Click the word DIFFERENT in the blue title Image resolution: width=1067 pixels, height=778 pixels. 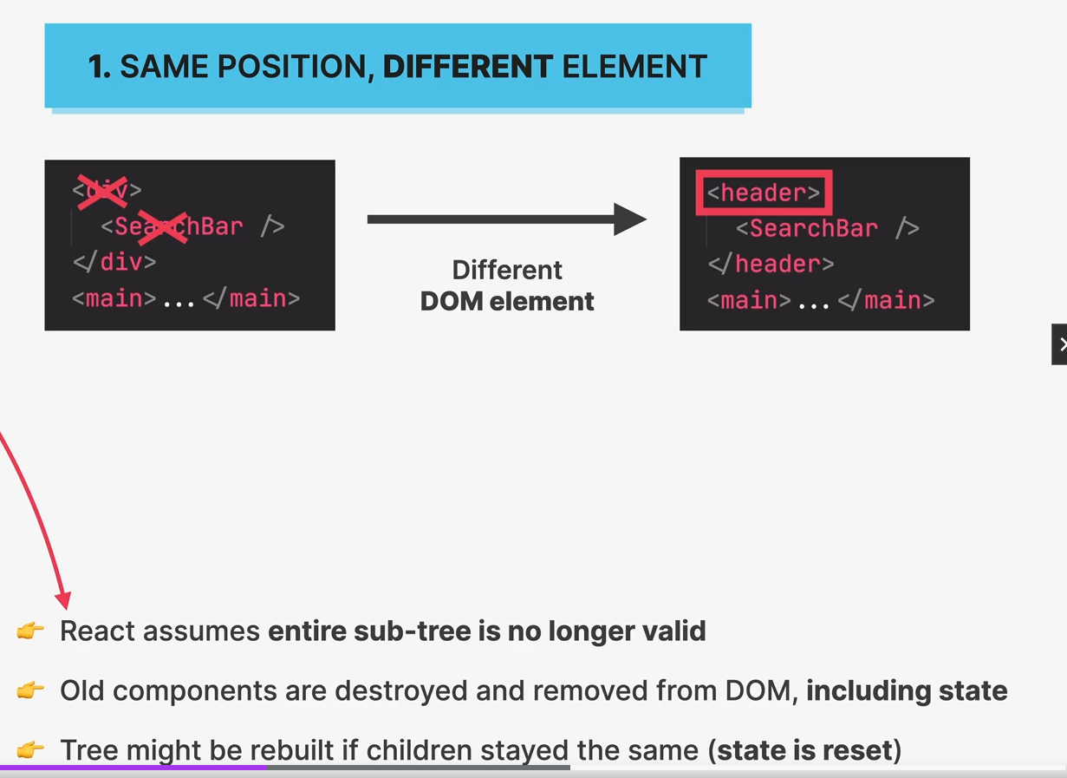(467, 67)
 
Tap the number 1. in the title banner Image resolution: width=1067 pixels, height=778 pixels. (99, 67)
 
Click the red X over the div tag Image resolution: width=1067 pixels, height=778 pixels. (102, 190)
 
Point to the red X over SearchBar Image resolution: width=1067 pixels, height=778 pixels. (162, 226)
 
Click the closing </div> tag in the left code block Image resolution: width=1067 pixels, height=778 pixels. (114, 261)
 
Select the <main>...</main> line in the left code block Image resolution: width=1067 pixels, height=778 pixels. (186, 298)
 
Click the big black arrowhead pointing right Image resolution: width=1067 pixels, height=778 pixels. (629, 219)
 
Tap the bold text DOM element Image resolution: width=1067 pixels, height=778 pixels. (507, 302)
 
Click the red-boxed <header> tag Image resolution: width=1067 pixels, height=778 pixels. (764, 193)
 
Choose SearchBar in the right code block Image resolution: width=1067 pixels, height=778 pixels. (813, 228)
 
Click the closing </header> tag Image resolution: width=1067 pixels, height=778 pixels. (771, 264)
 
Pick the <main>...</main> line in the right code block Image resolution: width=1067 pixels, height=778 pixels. (821, 300)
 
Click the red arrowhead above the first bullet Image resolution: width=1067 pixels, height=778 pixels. (62, 599)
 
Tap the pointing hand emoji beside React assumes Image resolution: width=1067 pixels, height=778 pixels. (30, 631)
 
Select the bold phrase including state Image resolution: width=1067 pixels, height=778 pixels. (907, 690)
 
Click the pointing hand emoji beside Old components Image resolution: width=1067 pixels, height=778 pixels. (30, 691)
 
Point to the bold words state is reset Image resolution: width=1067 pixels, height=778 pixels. (805, 749)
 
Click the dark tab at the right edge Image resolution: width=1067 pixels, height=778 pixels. (1059, 344)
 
